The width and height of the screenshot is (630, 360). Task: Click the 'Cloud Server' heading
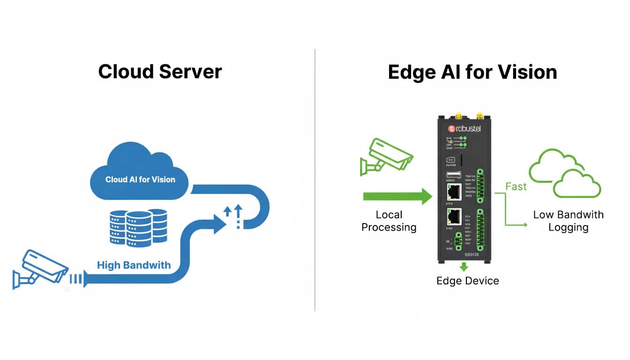tap(160, 72)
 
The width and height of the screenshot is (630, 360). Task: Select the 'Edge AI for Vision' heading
tap(472, 72)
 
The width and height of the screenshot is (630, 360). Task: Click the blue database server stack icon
tap(138, 228)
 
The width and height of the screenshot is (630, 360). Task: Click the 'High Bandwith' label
tap(134, 265)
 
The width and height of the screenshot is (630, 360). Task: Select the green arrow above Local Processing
tap(397, 196)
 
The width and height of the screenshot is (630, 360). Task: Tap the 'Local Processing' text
tap(389, 221)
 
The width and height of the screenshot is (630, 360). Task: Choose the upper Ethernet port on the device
tap(454, 192)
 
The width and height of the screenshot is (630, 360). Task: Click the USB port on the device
tap(453, 175)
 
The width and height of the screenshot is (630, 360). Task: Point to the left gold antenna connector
tap(457, 115)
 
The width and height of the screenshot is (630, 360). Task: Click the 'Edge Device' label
tap(467, 281)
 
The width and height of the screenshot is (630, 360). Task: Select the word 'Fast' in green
tap(516, 187)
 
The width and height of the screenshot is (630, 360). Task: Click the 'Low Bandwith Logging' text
tap(568, 221)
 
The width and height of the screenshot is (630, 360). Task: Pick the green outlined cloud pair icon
tap(564, 173)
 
